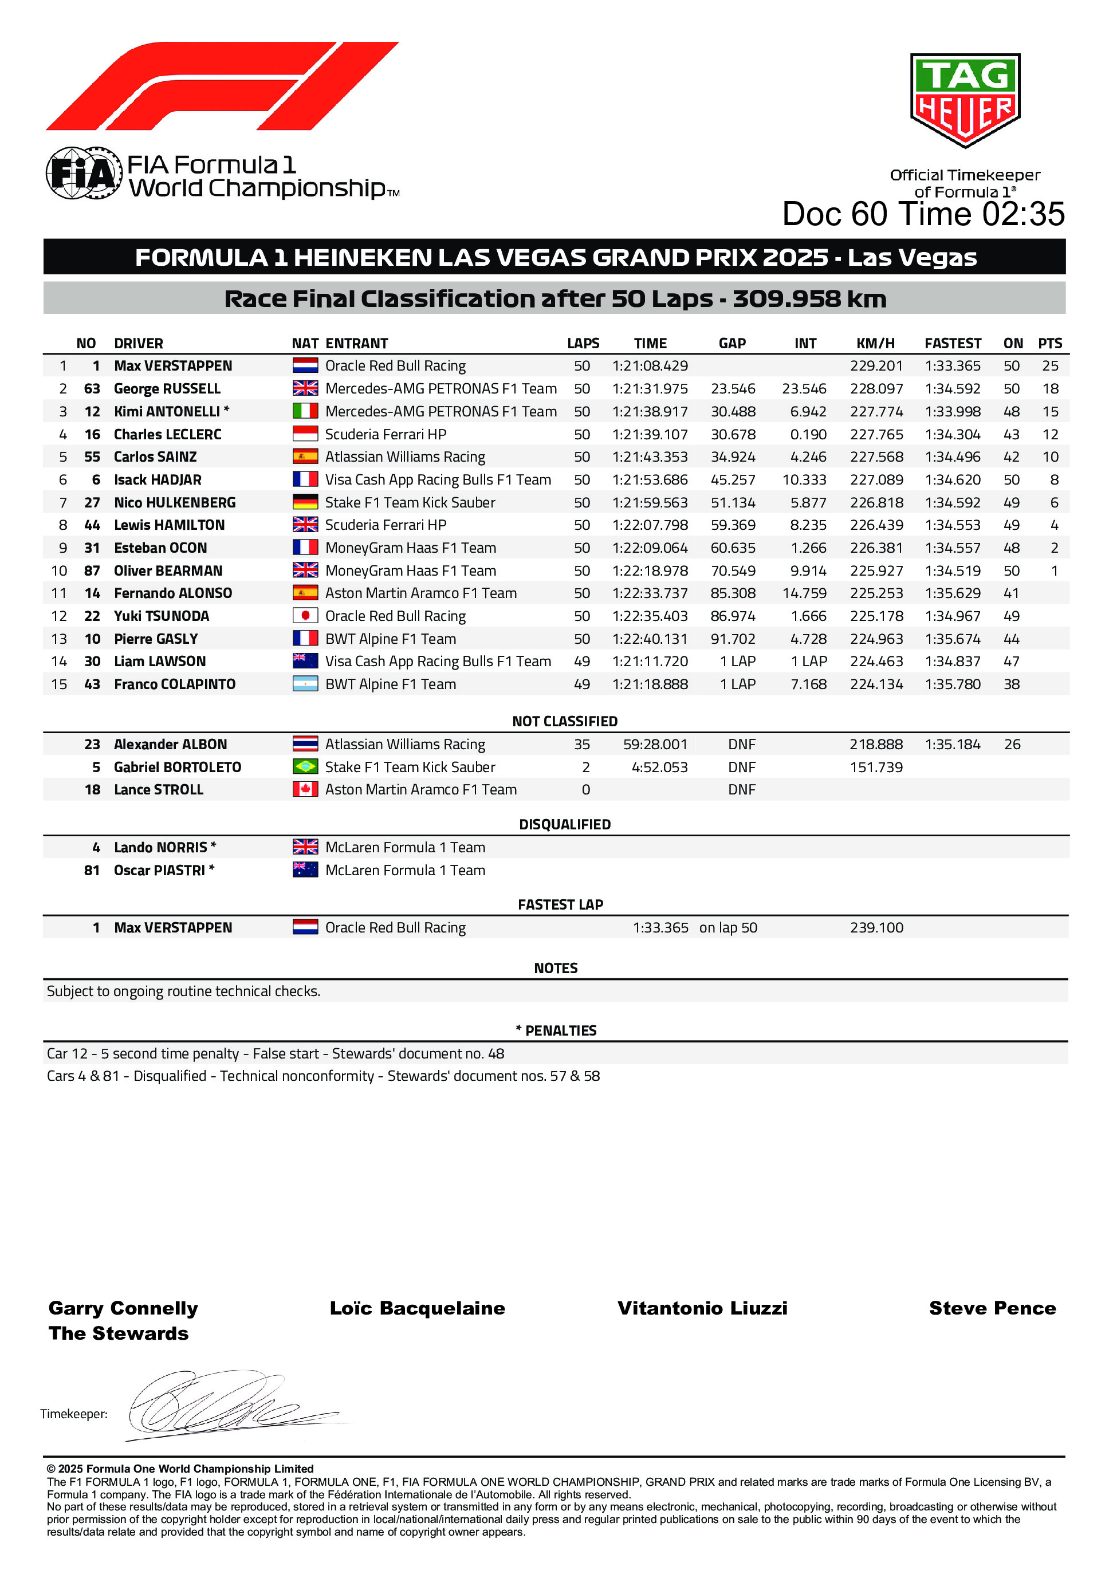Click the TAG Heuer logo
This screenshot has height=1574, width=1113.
[965, 100]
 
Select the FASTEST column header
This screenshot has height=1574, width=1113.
[953, 344]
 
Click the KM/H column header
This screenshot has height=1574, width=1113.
[875, 344]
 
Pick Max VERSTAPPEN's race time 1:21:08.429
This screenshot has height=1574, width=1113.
[650, 366]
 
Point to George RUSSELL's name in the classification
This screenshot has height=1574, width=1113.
[167, 389]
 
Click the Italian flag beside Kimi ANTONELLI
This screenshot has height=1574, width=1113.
[305, 411]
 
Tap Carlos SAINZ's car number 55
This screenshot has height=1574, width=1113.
[92, 457]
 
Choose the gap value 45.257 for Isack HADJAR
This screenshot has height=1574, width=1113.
[733, 480]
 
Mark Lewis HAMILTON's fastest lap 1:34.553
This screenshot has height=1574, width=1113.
[953, 525]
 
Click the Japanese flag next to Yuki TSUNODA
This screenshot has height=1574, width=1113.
[305, 616]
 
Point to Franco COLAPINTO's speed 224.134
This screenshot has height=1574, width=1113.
[876, 684]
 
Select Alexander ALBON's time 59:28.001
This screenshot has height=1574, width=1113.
[655, 745]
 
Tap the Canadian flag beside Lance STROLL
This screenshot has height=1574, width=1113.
[305, 790]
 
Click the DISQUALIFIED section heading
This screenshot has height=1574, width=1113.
[564, 825]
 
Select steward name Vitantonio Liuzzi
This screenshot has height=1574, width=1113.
[702, 1309]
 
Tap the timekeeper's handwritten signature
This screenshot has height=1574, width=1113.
[226, 1406]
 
